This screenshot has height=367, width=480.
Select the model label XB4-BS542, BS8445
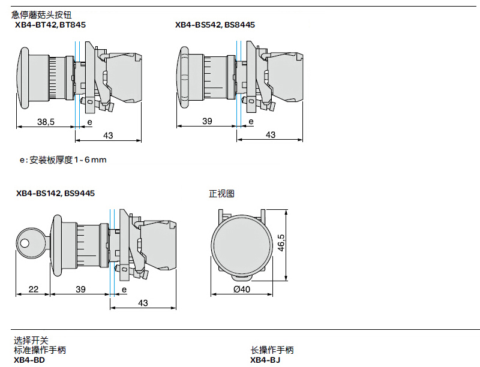click(x=215, y=25)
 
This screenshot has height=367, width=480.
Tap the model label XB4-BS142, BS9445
click(x=55, y=193)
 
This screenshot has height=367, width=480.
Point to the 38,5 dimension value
click(x=46, y=122)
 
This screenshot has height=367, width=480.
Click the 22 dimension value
click(x=33, y=290)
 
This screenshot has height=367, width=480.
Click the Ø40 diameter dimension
click(x=241, y=289)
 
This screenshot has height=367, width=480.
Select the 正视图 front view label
click(x=221, y=194)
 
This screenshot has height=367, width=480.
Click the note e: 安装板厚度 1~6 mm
click(x=63, y=160)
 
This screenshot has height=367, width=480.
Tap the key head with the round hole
click(x=26, y=243)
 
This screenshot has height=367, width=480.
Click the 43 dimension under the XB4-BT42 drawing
click(x=108, y=136)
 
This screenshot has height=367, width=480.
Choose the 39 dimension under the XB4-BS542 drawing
click(x=207, y=122)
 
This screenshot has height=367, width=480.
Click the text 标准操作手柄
click(x=40, y=350)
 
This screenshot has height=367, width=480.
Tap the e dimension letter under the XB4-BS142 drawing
click(x=124, y=290)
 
